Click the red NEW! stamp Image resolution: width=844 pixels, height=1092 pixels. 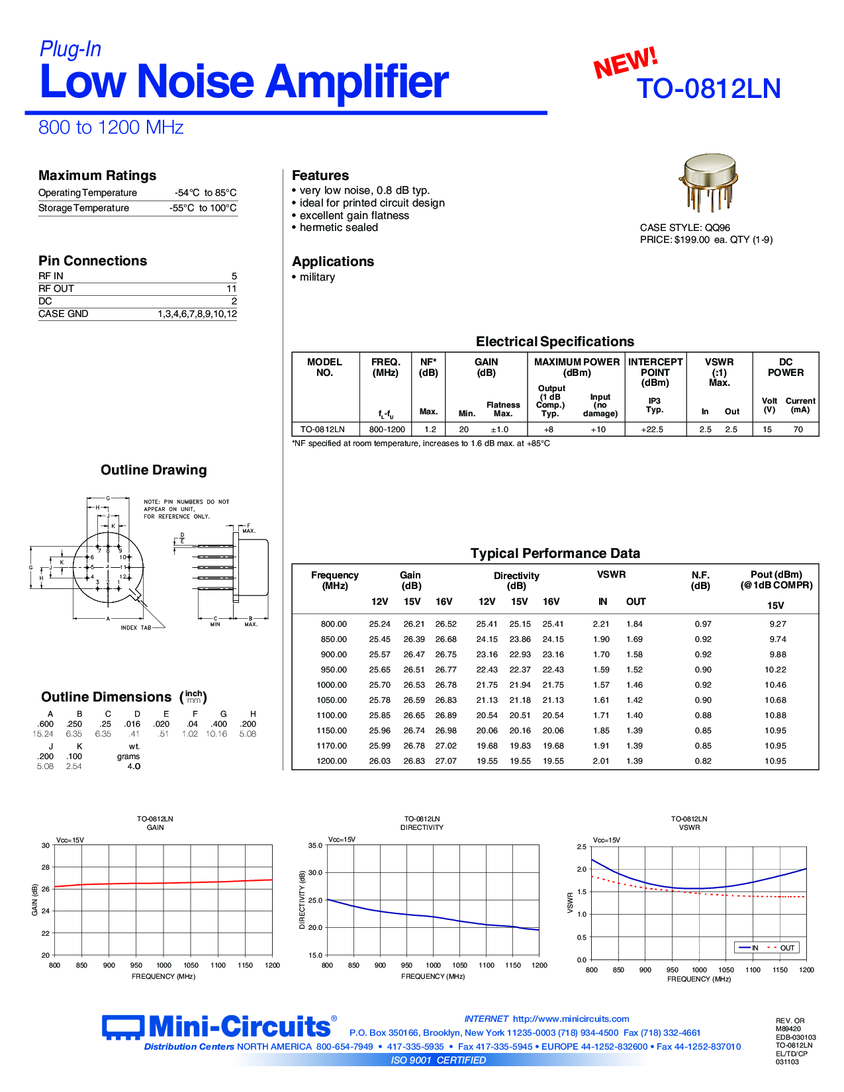[625, 63]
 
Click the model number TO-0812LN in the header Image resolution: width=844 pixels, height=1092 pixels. [708, 89]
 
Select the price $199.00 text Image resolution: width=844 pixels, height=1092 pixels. [692, 240]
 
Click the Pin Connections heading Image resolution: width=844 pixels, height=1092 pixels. [93, 261]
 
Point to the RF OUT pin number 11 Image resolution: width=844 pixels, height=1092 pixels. [231, 289]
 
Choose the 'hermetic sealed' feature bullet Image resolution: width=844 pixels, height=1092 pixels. [338, 228]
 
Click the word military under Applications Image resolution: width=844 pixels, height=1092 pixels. [317, 277]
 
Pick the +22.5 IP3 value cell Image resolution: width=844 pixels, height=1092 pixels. [652, 430]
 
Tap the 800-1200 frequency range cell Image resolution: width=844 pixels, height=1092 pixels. [387, 430]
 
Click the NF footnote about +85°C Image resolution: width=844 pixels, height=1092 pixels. [421, 443]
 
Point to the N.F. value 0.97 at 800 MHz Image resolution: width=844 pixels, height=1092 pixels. [703, 624]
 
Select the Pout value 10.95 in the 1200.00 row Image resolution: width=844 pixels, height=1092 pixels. [775, 761]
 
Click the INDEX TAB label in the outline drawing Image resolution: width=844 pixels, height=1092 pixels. [136, 627]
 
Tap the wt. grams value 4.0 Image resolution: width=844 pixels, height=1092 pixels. [134, 766]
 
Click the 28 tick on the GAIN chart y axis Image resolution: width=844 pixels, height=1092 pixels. [46, 867]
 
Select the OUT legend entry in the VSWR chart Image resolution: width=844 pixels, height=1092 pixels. [786, 948]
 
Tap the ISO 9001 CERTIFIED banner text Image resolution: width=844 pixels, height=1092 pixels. [438, 1060]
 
